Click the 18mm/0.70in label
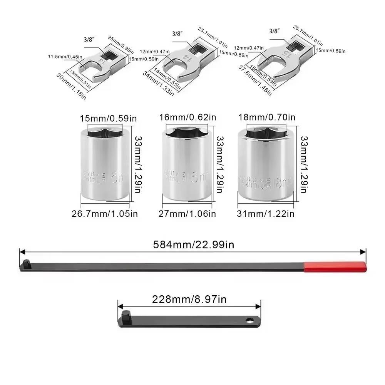266,117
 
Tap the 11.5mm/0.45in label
65,57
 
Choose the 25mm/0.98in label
120,44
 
